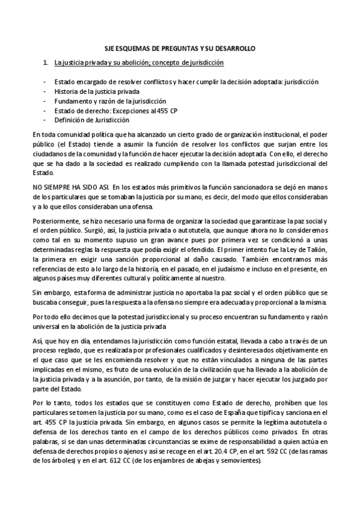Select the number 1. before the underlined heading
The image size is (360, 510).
pos(46,62)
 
